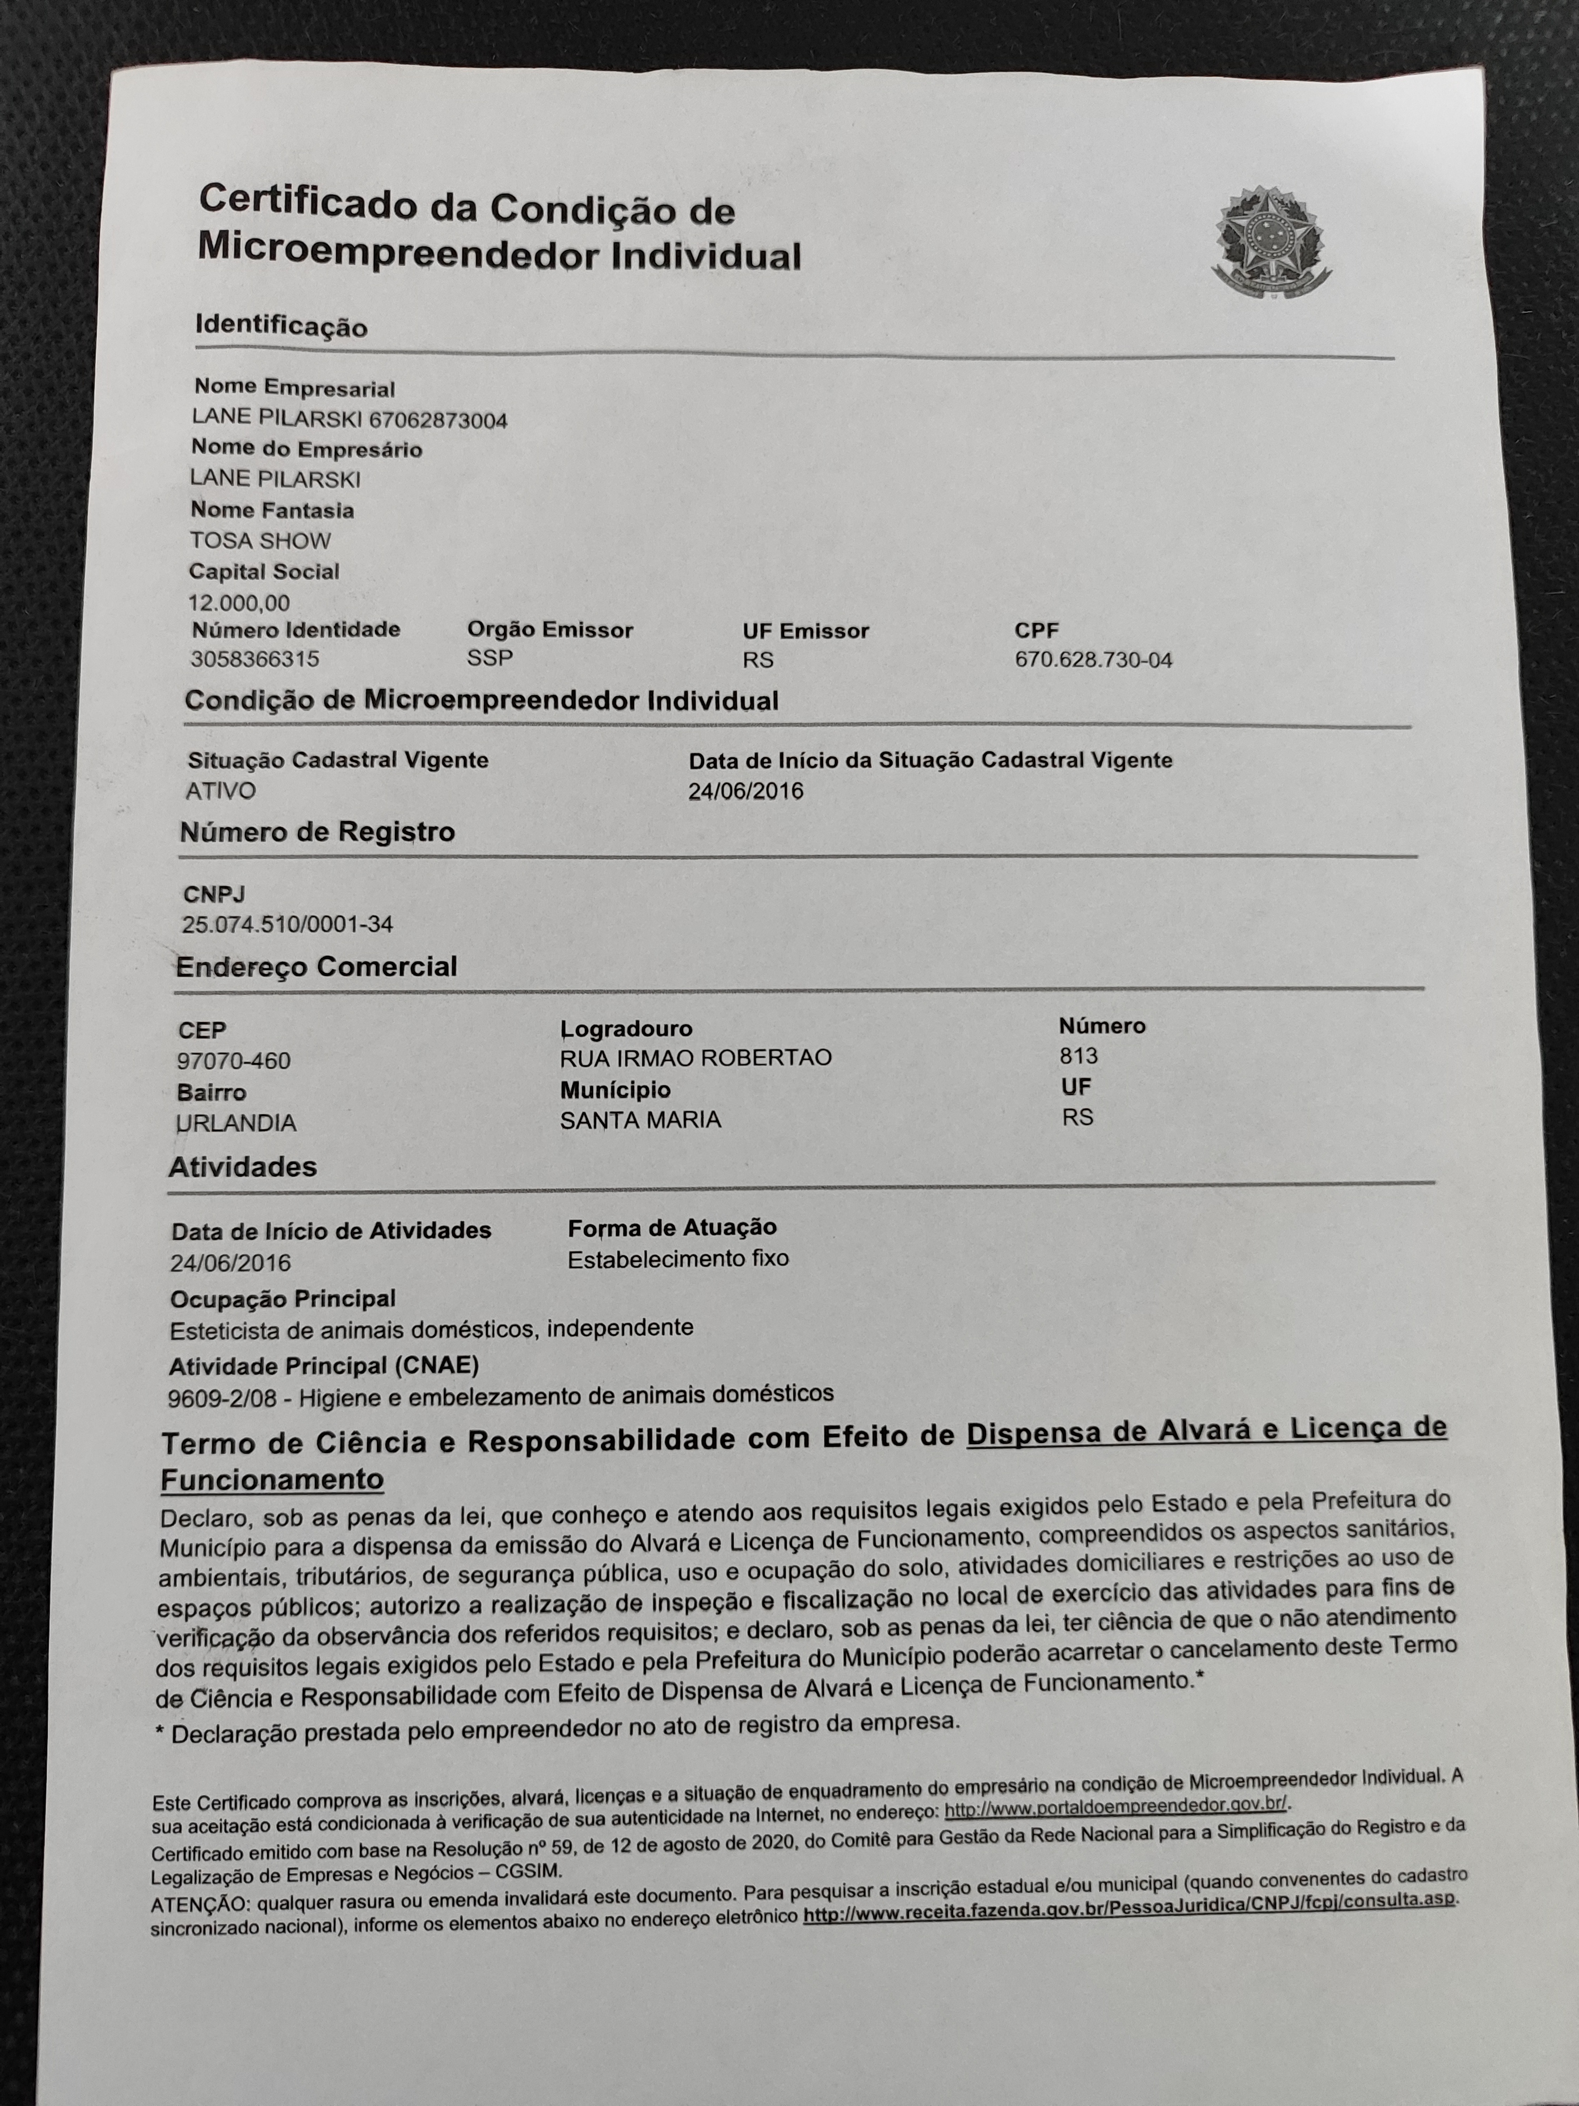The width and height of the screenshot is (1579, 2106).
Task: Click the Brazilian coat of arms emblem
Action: tap(1270, 240)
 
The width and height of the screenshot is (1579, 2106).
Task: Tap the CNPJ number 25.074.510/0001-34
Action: tap(287, 923)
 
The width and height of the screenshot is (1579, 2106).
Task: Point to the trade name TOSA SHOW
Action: tap(260, 541)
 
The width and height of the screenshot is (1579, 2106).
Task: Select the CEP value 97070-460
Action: tap(233, 1060)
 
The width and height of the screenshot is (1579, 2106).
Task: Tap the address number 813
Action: tap(1078, 1056)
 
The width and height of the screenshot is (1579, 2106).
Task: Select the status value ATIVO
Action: tap(221, 790)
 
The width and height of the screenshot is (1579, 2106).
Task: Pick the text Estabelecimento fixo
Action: tap(678, 1259)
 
